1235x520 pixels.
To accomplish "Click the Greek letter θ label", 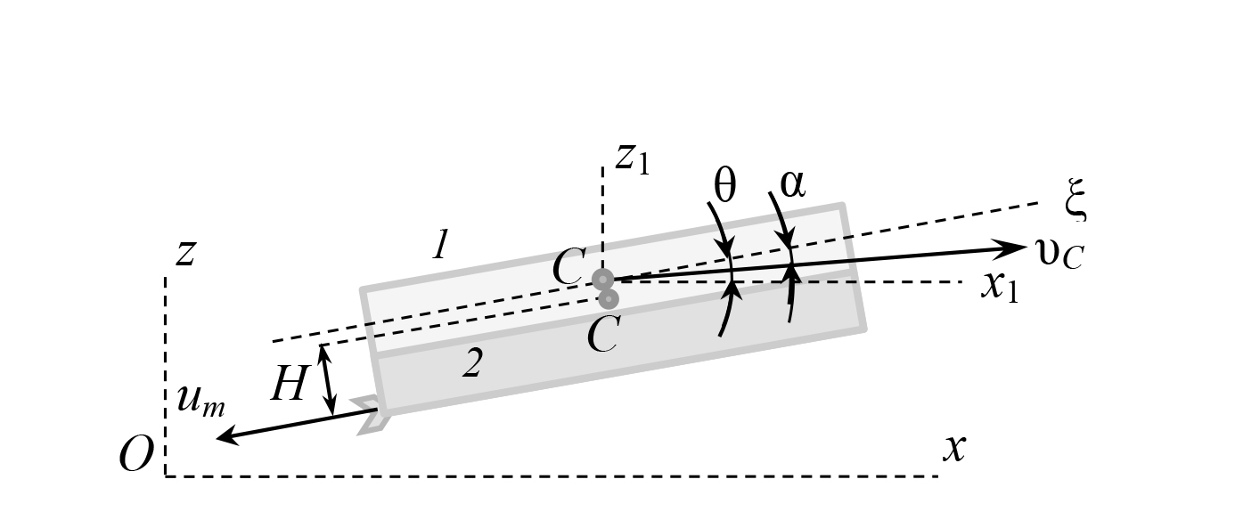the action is [724, 185].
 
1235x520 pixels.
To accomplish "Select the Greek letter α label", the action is [792, 183].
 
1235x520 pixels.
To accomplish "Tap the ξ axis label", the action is [1076, 199].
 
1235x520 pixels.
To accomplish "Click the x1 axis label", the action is [1000, 287].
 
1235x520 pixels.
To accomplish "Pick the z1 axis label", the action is [633, 159].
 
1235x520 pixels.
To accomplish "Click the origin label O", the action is [135, 454].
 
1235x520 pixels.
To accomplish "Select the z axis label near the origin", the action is [186, 254].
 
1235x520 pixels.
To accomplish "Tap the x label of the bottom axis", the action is [954, 449].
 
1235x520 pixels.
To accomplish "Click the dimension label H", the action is [289, 384].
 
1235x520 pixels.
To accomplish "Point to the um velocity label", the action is [200, 401].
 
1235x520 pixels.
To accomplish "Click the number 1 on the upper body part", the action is [440, 244].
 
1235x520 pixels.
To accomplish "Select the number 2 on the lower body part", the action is [473, 363].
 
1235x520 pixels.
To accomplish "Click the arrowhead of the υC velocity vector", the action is [1013, 248].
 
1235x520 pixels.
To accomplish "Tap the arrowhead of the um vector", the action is [227, 437].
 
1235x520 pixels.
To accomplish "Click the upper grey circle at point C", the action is [602, 280].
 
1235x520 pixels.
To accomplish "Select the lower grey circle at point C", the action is [608, 299].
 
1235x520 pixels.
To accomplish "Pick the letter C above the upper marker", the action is [568, 266].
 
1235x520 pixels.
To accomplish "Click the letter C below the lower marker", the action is [604, 335].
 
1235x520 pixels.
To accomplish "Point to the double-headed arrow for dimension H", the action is [328, 379].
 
